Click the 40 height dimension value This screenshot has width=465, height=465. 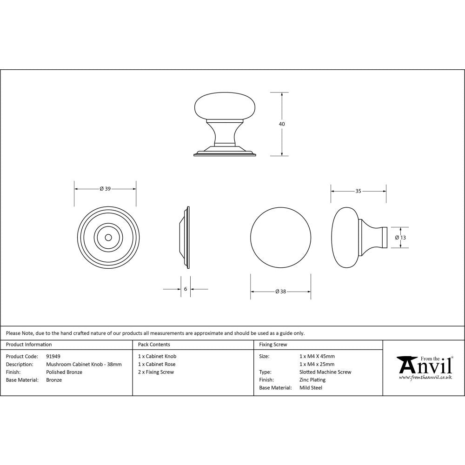click(282, 124)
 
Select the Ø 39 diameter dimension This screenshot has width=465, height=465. click(105, 189)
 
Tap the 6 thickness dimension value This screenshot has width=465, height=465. click(186, 289)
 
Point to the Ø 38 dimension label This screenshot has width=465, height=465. click(280, 292)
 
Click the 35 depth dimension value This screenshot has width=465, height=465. click(358, 191)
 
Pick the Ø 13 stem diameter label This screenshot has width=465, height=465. click(400, 237)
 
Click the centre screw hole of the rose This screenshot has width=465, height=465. click(108, 237)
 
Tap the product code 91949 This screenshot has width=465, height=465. click(53, 356)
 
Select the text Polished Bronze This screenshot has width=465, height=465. click(64, 372)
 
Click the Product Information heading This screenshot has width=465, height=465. click(29, 345)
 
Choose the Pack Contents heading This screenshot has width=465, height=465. click(154, 345)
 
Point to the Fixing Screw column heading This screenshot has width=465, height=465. click(273, 345)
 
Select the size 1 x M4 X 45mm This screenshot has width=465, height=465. click(317, 356)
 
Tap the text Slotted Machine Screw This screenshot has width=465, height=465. click(325, 372)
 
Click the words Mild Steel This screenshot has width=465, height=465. click(311, 388)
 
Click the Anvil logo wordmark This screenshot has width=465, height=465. click(424, 366)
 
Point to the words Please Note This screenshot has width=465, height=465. click(20, 333)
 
